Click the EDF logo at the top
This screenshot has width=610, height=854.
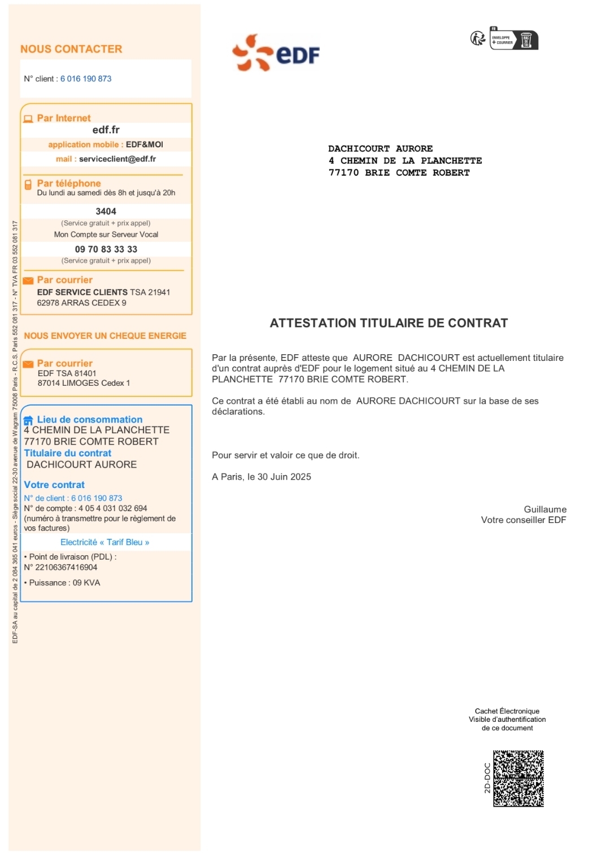tap(276, 53)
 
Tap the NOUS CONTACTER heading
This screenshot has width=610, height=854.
tap(71, 49)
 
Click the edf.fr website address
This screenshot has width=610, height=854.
tap(106, 130)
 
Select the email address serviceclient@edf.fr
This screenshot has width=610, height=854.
tap(117, 159)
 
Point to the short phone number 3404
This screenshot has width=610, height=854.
tap(106, 211)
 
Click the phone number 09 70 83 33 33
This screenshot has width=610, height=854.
tap(106, 249)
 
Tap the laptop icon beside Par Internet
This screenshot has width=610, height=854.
tap(28, 119)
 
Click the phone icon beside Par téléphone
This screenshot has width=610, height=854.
tap(28, 185)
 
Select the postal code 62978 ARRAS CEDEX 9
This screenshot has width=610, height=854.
tap(81, 303)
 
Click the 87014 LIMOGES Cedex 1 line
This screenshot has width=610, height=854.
tap(84, 383)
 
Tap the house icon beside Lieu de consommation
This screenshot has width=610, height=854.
tap(28, 420)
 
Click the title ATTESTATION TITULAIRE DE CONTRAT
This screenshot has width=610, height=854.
tap(389, 323)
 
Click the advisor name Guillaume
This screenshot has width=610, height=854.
tap(544, 509)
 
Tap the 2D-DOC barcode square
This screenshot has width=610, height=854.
tap(518, 778)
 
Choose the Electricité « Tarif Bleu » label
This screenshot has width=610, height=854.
tap(104, 542)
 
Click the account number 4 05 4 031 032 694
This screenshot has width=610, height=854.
tap(112, 508)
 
